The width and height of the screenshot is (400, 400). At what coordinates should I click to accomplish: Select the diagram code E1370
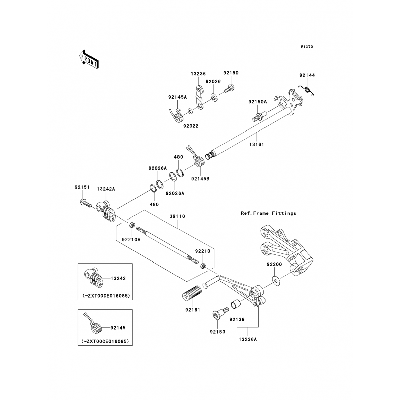coord(307,47)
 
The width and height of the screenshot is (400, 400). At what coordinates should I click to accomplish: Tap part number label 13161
coord(257,145)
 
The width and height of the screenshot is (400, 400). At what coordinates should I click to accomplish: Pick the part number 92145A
coord(177,97)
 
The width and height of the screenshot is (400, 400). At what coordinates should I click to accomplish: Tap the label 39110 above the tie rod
coord(177,216)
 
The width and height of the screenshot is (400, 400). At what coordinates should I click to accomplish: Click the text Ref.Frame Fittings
coord(269,213)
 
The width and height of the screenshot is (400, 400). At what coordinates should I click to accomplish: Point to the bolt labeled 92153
coord(219,314)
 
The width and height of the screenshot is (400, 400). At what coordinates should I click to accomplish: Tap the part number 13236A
coord(248,339)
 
